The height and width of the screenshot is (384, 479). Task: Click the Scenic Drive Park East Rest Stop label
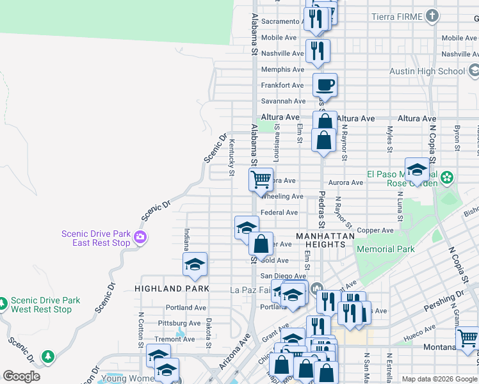[95, 238]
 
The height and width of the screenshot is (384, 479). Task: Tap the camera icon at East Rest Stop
[140, 239]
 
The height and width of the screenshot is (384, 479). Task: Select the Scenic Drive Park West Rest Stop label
[44, 305]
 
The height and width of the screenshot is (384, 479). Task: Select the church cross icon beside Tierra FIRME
[432, 16]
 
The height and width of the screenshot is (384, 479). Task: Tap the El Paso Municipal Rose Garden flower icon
[447, 176]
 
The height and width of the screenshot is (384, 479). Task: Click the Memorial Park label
[386, 249]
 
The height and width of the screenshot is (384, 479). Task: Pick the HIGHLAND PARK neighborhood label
[172, 289]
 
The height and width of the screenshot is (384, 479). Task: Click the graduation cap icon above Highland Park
[195, 264]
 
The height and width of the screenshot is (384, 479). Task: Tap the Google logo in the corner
[21, 376]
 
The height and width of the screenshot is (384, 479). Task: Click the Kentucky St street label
[231, 156]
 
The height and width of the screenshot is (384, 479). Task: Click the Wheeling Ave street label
[282, 196]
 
